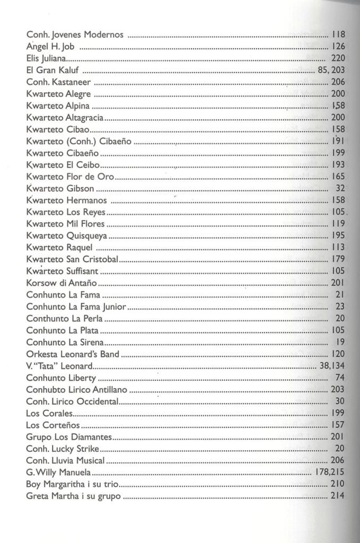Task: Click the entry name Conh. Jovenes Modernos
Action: (x=75, y=35)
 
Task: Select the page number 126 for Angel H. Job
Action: (x=338, y=47)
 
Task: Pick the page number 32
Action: (x=340, y=188)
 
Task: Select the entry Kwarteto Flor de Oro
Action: (x=69, y=177)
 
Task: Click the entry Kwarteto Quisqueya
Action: (x=66, y=235)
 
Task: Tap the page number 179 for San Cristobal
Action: (x=338, y=259)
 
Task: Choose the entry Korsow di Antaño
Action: (x=59, y=282)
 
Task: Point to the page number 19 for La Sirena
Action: (x=340, y=341)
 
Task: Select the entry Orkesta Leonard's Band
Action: (x=73, y=353)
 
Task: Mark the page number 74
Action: (x=340, y=377)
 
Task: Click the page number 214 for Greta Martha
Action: (x=338, y=495)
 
